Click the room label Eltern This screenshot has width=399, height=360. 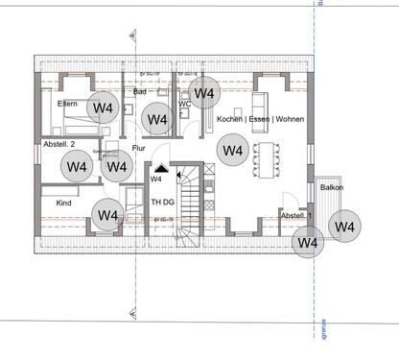[x=67, y=103]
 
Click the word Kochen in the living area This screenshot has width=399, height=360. [x=230, y=118]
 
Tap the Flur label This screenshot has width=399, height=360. [x=139, y=148]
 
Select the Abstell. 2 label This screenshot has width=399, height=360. [x=60, y=144]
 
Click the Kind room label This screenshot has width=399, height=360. [x=64, y=204]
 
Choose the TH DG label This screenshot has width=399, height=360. [x=161, y=201]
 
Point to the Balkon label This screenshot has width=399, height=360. [x=332, y=187]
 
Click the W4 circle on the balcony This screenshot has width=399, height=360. [x=344, y=226]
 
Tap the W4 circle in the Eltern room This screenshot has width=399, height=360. [x=102, y=108]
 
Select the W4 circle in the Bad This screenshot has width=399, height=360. [x=157, y=120]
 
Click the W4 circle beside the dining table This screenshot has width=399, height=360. [x=232, y=150]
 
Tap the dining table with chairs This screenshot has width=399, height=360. [x=263, y=160]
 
